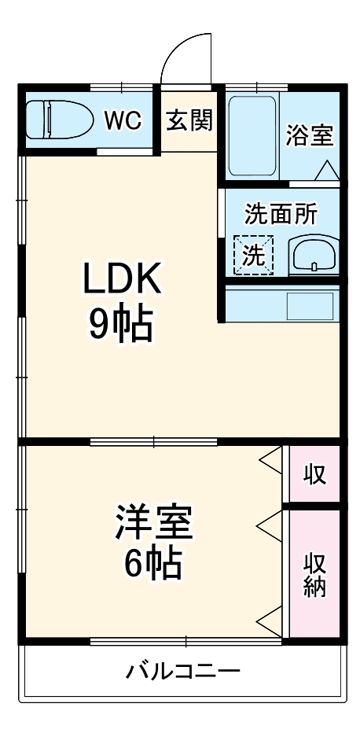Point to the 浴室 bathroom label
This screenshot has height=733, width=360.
309,134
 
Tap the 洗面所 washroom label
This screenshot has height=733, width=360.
281,214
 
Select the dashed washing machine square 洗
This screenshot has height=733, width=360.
253,254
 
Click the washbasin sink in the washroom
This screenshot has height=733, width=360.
314,255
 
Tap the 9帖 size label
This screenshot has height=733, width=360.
122,323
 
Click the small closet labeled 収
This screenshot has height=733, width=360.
314,474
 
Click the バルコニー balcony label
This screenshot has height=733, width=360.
183,672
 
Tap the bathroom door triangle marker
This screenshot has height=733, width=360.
328,168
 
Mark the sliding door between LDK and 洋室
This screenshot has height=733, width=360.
153,441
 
